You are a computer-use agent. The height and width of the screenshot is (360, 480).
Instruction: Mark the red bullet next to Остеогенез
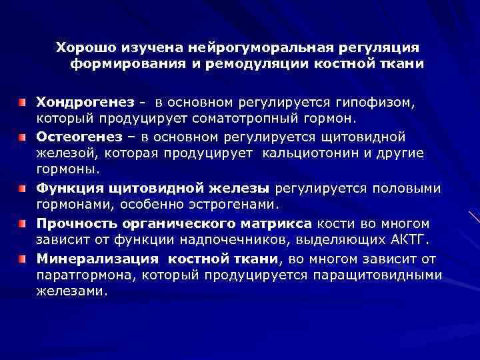[x=22, y=137]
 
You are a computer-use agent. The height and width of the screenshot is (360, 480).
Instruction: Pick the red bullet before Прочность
[x=22, y=222]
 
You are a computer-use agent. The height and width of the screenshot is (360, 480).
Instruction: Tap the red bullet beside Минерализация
[x=22, y=257]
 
